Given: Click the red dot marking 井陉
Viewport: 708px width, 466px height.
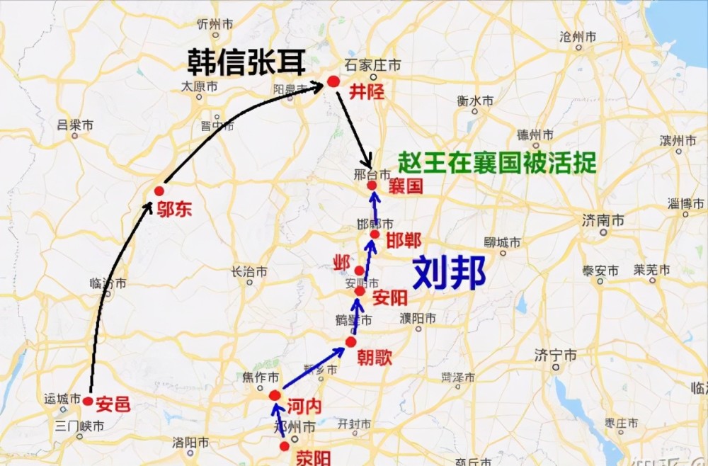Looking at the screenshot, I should pos(333,82).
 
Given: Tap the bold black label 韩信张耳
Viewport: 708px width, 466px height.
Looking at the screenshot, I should pos(246,63).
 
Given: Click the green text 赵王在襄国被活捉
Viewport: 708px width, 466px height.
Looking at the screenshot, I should pos(497,163).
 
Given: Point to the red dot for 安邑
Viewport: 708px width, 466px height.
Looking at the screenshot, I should pos(88,402).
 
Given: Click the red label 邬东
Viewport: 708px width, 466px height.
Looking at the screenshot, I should pos(175,209).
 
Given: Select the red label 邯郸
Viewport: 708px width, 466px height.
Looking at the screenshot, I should pos(404,240).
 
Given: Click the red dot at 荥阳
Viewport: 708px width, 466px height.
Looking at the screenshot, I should pos(285,446).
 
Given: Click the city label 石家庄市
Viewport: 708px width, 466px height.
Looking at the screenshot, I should pos(373,65).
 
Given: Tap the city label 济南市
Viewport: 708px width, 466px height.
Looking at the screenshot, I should pos(603,220).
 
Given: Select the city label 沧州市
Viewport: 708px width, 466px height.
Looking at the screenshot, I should pos(578,36).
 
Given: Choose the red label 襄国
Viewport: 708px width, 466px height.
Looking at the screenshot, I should pos(405,187).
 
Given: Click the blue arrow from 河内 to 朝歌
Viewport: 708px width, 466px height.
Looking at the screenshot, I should pos(313,370).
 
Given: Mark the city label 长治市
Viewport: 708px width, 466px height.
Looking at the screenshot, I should pos(249,271).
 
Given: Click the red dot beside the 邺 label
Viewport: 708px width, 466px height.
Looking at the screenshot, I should pos(360,271).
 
